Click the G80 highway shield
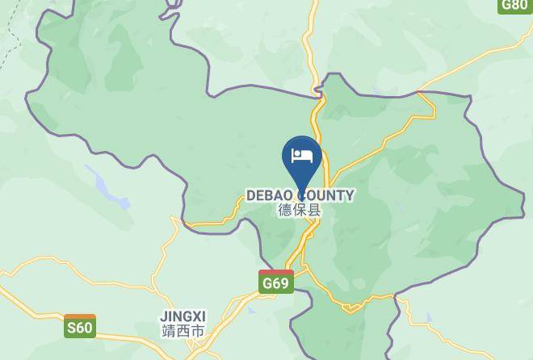click(x=515, y=5)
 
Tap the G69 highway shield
click(x=276, y=282)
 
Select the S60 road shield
click(x=80, y=326)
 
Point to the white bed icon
click(x=302, y=155)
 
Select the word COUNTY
click(x=325, y=195)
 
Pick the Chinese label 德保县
click(x=300, y=210)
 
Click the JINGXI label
click(x=183, y=316)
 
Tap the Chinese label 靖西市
click(x=183, y=331)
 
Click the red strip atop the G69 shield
click(x=276, y=274)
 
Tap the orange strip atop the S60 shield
click(x=80, y=317)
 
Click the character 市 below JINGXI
click(x=197, y=331)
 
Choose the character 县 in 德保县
click(x=314, y=210)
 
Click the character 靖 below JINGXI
click(x=168, y=331)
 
